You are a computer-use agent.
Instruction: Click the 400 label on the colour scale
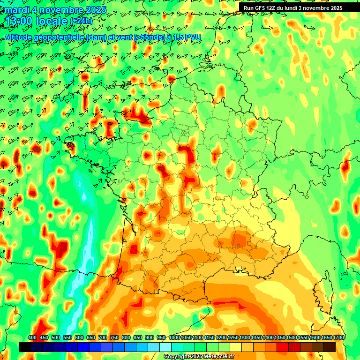click(x=32, y=338)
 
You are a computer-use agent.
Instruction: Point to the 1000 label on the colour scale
click(x=174, y=338)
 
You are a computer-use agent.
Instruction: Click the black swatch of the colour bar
click(x=25, y=347)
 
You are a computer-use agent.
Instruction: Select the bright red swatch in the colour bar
click(x=283, y=347)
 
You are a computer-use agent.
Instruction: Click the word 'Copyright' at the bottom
click(x=177, y=357)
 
